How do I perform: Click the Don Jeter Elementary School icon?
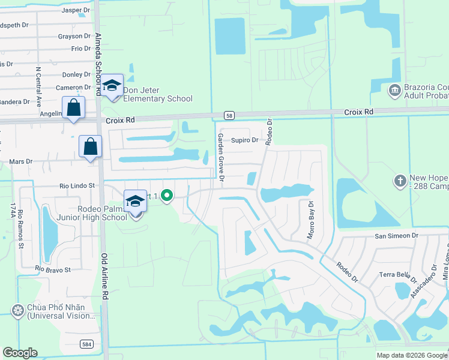112,86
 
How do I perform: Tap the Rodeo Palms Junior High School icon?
136,202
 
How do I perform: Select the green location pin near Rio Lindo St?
168,196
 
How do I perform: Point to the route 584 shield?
88,344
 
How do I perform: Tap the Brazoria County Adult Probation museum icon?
394,91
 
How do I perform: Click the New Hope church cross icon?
400,180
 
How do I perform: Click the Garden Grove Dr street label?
220,157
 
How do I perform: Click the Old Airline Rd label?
105,269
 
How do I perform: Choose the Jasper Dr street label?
76,10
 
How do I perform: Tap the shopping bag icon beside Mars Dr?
90,146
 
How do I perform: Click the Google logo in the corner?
20,353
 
